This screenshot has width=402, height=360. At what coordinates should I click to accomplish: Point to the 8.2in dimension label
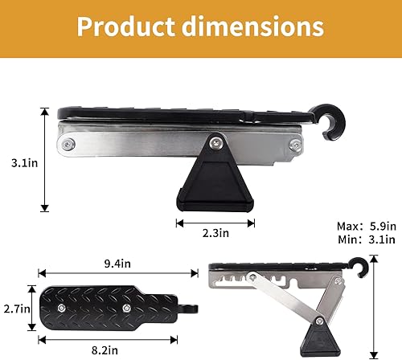[x=108, y=350]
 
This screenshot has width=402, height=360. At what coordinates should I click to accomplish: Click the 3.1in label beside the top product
[x=19, y=162]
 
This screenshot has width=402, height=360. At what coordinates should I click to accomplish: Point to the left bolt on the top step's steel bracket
[x=70, y=145]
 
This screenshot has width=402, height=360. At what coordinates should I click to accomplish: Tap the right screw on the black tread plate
[x=126, y=308]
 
